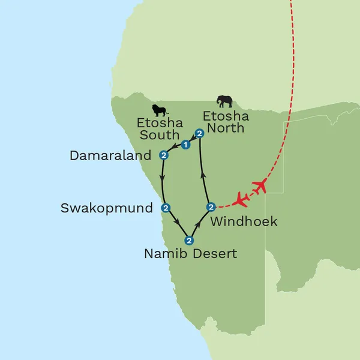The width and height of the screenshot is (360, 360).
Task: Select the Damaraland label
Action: coord(111,156)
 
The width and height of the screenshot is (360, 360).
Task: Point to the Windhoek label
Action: coord(244,221)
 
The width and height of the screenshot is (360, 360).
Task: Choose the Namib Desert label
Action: coord(190,254)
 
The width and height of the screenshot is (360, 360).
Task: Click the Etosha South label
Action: coord(158,128)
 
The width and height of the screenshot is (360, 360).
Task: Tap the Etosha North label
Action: coord(223,121)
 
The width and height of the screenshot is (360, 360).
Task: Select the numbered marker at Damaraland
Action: coord(163,155)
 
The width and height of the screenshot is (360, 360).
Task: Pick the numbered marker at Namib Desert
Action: coord(188,241)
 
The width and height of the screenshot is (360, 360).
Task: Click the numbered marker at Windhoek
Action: coord(210,207)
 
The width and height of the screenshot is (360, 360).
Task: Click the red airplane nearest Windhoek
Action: coord(242,198)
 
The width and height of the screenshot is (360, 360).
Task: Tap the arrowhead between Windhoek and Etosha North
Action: coord(203,174)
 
